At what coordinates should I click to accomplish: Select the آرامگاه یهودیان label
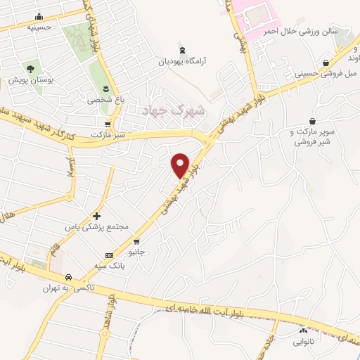click(183, 61)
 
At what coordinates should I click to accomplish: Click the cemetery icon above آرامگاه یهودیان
click(183, 50)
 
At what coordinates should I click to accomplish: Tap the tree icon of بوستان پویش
click(30, 69)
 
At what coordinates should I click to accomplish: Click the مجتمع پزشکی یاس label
click(97, 228)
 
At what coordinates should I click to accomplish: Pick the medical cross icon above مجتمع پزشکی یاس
click(97, 215)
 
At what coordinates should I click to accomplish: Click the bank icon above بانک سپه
click(108, 255)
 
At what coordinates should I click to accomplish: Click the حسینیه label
click(39, 27)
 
